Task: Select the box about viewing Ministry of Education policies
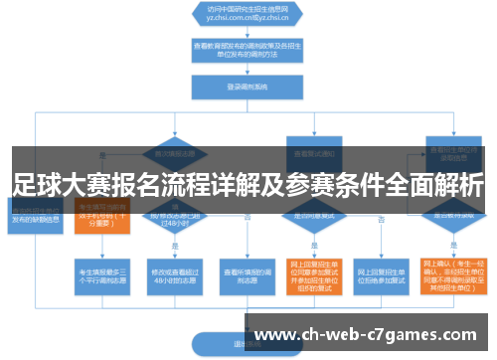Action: coord(234,53)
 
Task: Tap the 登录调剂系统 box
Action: coord(234,87)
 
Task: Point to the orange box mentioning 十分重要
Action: coord(102,221)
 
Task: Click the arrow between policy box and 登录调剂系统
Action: coord(234,71)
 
